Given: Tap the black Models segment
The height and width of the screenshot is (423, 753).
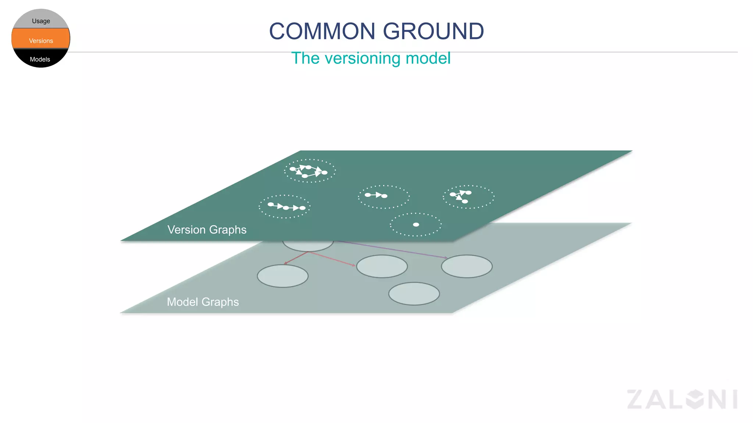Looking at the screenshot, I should [x=40, y=59].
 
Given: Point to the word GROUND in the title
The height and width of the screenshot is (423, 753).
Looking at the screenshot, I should [x=433, y=31].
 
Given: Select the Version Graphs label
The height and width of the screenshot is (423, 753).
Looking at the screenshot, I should [x=207, y=229].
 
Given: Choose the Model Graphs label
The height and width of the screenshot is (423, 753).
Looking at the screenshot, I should [x=203, y=302].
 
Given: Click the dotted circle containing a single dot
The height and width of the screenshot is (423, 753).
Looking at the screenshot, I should [x=416, y=224].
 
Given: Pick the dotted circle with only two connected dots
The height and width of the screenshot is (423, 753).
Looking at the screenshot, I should [x=383, y=197].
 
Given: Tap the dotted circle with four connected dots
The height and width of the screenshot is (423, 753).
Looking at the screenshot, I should [x=310, y=171].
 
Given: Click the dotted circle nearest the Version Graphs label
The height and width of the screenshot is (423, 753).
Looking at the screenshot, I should [x=285, y=206].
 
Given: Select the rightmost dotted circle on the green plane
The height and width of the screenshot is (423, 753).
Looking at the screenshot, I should [x=468, y=197].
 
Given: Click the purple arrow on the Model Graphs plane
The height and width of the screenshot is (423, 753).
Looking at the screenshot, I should [x=393, y=249].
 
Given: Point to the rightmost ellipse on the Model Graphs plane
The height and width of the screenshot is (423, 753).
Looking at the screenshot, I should [x=467, y=266].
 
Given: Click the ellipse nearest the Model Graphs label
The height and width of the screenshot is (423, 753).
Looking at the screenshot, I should [x=282, y=276].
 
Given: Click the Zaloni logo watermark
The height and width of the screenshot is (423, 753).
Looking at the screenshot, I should [x=682, y=399].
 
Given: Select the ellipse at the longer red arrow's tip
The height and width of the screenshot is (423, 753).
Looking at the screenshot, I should [x=382, y=266].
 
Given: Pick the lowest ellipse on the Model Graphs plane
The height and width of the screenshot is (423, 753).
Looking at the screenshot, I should [x=414, y=293].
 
